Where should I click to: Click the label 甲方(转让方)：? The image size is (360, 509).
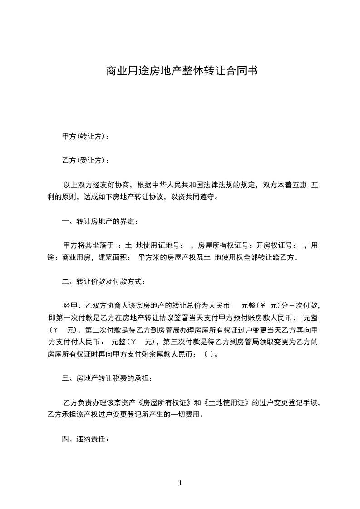[x=85, y=137]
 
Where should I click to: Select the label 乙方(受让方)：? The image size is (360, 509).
[x=85, y=161]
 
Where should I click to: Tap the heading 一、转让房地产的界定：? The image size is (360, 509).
[x=100, y=222]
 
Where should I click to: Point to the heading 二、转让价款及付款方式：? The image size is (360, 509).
[x=104, y=282]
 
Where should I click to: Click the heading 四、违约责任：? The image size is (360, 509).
[x=85, y=439]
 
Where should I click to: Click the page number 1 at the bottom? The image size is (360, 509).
[x=180, y=483]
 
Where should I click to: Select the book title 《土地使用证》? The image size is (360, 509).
[x=226, y=402]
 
